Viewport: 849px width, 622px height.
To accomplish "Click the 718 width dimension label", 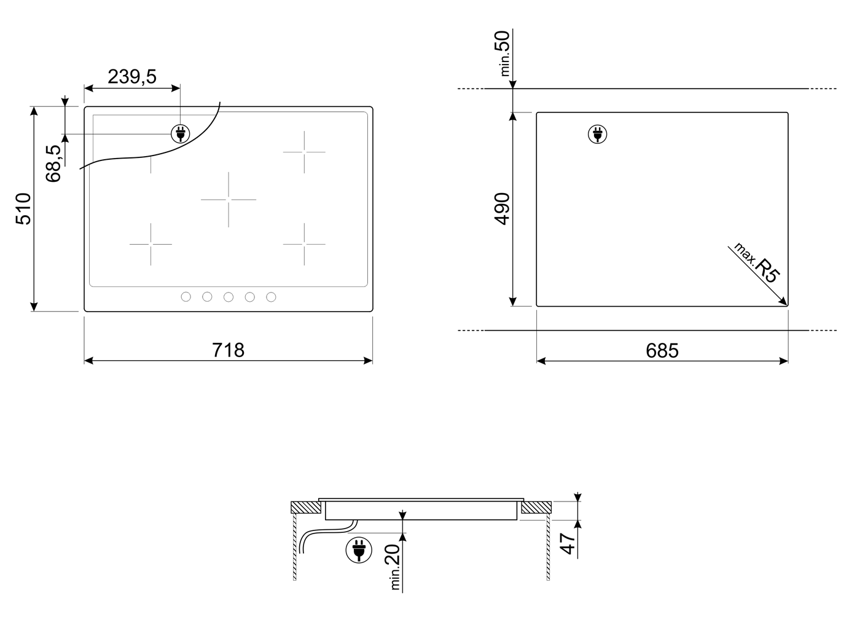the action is point(228,350).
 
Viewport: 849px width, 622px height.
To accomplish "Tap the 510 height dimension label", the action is point(23,208).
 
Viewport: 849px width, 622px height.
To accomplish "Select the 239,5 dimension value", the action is point(132,77).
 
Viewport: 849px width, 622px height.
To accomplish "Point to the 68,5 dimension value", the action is point(53,163).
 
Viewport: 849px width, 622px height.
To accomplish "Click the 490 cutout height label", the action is point(502,208).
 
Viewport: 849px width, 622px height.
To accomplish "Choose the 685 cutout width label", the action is point(662,350).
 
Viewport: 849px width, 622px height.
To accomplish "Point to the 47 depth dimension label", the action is point(568,543).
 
